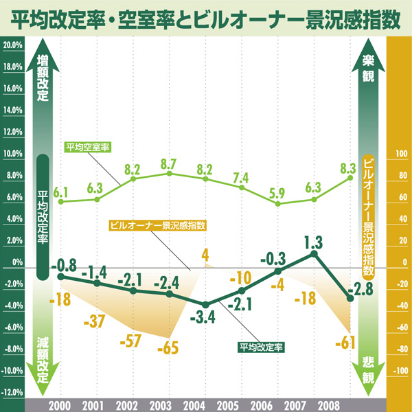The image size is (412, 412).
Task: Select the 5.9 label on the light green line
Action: (277, 193)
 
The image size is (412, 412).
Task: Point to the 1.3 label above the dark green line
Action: (312, 242)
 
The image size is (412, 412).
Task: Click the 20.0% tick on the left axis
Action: (12, 45)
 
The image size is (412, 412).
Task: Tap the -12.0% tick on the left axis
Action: (12, 393)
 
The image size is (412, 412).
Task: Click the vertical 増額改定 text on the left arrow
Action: (43, 77)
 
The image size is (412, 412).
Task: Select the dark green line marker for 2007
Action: (314, 253)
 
